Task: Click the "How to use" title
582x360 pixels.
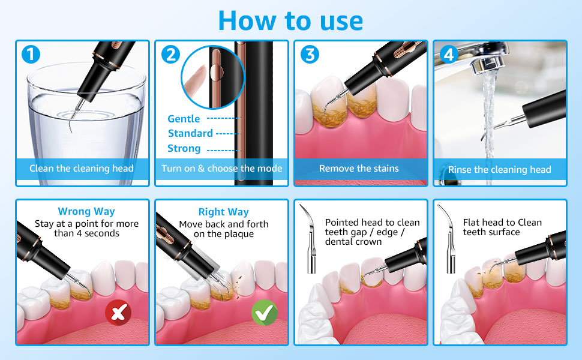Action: (291, 20)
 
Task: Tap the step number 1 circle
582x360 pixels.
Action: (31, 55)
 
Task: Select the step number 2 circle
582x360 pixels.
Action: (170, 55)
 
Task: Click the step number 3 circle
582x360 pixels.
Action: (310, 55)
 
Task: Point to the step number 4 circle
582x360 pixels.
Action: (449, 55)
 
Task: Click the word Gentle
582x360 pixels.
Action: (184, 119)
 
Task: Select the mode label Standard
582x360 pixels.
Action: (190, 133)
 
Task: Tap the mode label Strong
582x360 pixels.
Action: (184, 148)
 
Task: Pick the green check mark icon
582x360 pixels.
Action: (264, 313)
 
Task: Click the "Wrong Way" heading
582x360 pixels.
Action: (86, 211)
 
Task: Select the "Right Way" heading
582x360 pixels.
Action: (224, 212)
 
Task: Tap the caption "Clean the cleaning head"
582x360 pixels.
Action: (82, 169)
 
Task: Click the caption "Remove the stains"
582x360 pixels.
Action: (359, 169)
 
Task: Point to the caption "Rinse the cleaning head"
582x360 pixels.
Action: (499, 170)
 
